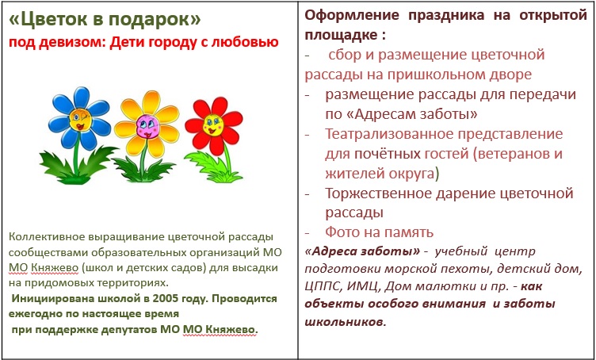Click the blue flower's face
point(80,120)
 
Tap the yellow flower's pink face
point(148,126)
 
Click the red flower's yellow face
point(213,124)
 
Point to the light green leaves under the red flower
point(213,167)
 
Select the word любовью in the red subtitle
point(243,42)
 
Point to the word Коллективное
point(47,237)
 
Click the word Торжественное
point(378,193)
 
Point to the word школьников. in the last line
point(346,322)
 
